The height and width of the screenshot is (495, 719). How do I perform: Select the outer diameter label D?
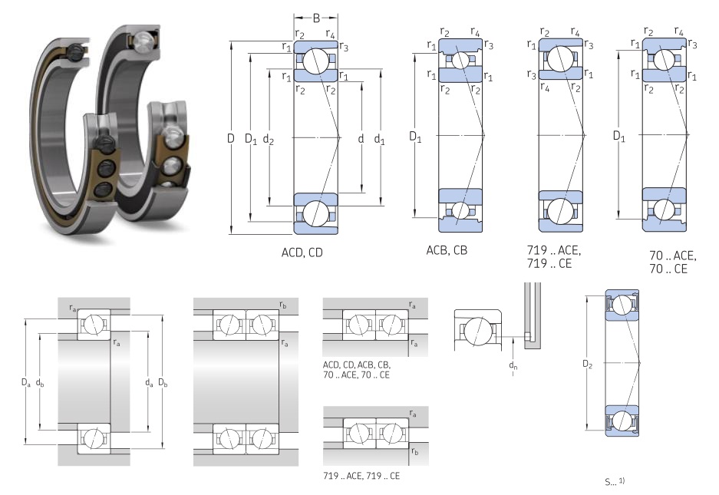tap(230, 138)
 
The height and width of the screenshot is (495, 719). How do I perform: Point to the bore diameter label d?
tap(361, 138)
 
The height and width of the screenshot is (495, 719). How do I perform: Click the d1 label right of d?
tap(380, 138)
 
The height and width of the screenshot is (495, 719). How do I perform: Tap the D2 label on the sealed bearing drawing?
tap(588, 361)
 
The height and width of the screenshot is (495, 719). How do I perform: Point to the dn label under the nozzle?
tap(513, 366)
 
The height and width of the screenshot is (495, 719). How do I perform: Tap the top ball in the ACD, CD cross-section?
tap(315, 61)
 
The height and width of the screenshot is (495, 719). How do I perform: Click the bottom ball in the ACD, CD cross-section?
tap(315, 214)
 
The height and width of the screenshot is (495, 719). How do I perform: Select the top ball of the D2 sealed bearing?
tap(622, 305)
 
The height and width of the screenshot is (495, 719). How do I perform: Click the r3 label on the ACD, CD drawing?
tap(344, 48)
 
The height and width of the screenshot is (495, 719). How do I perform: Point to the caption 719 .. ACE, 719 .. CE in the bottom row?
tap(361, 476)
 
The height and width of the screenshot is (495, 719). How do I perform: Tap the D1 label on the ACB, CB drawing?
tap(415, 138)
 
